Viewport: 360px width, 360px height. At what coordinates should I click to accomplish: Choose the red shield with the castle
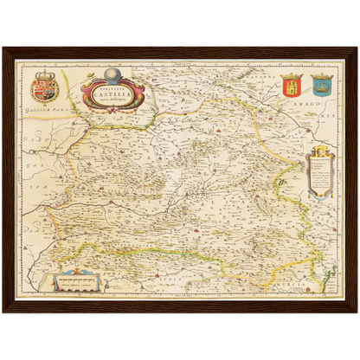coord(291,87)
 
